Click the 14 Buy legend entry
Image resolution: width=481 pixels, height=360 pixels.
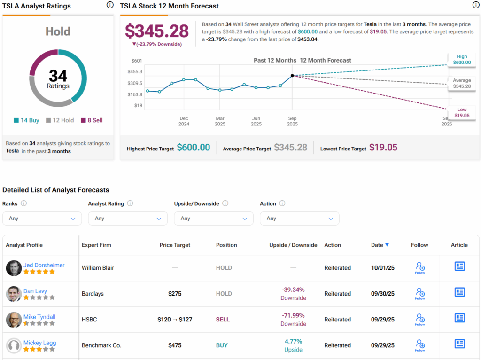(26, 120)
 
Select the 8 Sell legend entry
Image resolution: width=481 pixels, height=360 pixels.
(92, 120)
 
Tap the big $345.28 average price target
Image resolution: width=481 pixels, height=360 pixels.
(156, 31)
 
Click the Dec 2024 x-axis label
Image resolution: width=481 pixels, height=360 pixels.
(184, 121)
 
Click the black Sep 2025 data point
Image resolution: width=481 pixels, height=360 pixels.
(292, 75)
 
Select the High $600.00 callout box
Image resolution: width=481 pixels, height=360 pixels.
(461, 60)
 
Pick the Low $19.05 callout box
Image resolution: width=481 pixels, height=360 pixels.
(461, 112)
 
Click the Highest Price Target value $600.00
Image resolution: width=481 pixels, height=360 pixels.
(193, 148)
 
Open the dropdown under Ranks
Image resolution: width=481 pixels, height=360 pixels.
(42, 219)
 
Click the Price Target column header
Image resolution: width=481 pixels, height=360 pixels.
(175, 245)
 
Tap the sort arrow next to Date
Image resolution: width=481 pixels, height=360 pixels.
(387, 244)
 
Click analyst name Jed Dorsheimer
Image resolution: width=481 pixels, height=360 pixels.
(44, 265)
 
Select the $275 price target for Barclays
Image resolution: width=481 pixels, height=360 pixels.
(175, 294)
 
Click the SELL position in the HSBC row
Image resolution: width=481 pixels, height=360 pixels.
(223, 320)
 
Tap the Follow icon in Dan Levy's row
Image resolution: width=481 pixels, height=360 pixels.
(419, 294)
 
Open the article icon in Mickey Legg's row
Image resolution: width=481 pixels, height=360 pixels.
(459, 344)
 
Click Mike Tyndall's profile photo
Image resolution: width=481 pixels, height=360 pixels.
(14, 320)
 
